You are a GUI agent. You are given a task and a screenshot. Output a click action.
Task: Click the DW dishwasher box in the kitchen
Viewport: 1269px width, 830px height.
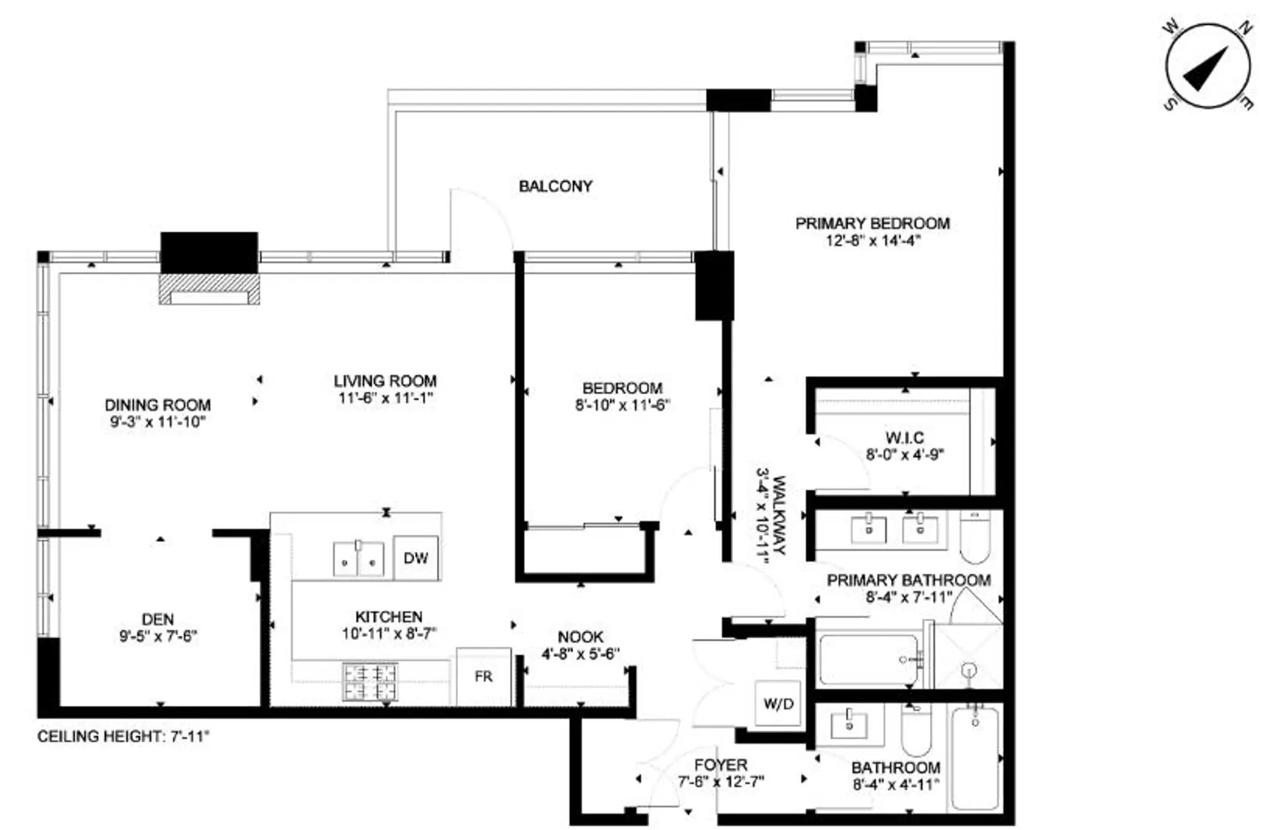coord(416,558)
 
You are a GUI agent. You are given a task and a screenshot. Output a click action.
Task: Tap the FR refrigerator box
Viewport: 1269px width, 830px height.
coord(483,677)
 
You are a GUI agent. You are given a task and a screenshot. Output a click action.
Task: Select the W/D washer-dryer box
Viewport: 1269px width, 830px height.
coord(778,704)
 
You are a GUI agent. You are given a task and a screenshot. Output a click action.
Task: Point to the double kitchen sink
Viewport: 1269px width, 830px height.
coord(358,559)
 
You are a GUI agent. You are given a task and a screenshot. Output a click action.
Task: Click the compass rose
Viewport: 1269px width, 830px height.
coord(1208,67)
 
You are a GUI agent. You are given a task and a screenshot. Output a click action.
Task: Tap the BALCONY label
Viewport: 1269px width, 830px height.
coord(555,186)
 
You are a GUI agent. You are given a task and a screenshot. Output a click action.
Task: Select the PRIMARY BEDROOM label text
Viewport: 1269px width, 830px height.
coord(872,223)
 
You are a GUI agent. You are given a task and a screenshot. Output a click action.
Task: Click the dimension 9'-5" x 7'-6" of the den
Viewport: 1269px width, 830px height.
coord(158,636)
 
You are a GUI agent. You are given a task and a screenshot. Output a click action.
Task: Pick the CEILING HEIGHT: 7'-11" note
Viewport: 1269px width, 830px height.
coord(123,736)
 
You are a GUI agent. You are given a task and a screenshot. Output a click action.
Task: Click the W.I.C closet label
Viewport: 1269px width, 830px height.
coord(904,437)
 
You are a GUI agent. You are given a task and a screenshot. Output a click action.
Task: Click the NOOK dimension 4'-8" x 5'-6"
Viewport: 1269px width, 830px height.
coord(580,654)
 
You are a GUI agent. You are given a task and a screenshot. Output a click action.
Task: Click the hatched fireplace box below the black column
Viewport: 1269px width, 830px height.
coord(209,289)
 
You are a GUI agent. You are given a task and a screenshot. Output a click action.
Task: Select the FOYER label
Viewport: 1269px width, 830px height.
coord(720,765)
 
